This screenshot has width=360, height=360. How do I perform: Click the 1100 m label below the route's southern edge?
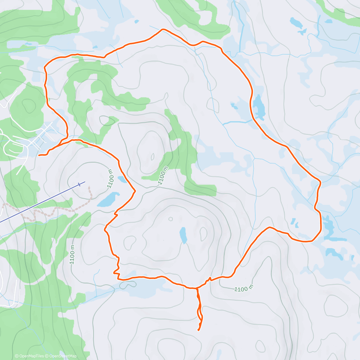pyautogui.click(x=243, y=289)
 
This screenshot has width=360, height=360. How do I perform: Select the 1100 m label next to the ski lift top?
pyautogui.click(x=110, y=178)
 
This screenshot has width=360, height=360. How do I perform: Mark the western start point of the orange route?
pyautogui.click(x=39, y=155)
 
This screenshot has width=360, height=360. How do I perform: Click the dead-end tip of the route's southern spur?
pyautogui.click(x=199, y=330)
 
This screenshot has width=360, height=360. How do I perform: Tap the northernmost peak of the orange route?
pyautogui.click(x=163, y=29)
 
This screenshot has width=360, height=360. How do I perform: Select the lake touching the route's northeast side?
pyautogui.click(x=259, y=106)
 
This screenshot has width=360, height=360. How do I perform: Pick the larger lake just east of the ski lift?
pyautogui.click(x=108, y=199)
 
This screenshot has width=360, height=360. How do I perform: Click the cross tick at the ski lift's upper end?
pyautogui.click(x=79, y=184)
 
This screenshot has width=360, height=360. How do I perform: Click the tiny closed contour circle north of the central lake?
pyautogui.click(x=171, y=219)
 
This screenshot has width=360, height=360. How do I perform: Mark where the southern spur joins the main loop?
pyautogui.click(x=197, y=288)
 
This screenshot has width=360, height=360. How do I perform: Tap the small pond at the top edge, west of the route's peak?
pyautogui.click(x=137, y=21)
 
